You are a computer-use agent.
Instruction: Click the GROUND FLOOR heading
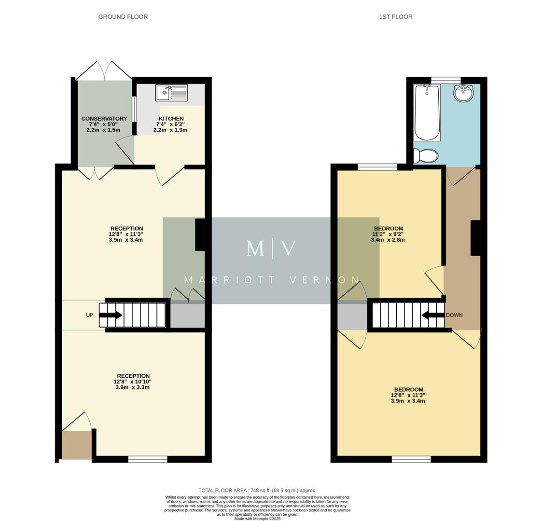[x=123, y=17]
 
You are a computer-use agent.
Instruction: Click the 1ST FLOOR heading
[x=395, y=17]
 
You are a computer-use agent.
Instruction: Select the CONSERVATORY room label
[x=104, y=119]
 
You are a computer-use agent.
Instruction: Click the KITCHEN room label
[x=171, y=119]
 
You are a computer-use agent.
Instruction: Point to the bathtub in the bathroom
[x=427, y=112]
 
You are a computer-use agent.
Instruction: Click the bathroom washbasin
[x=464, y=93]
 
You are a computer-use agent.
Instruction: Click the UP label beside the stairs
[x=89, y=315]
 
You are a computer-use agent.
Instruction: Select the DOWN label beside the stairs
[x=454, y=315]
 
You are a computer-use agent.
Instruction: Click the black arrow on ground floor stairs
[x=111, y=315]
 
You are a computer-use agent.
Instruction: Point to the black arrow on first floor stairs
[x=433, y=315]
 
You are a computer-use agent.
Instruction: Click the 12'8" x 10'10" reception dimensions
[x=132, y=382]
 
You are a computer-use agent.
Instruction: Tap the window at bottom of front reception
[x=147, y=459]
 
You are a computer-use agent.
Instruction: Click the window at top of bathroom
[x=445, y=80]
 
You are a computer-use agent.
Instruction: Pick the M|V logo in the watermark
[x=271, y=248]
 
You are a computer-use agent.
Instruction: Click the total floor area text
[x=257, y=491]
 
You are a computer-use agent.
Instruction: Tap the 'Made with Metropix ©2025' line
[x=257, y=519]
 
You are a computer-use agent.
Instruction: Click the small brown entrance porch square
[x=76, y=445]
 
